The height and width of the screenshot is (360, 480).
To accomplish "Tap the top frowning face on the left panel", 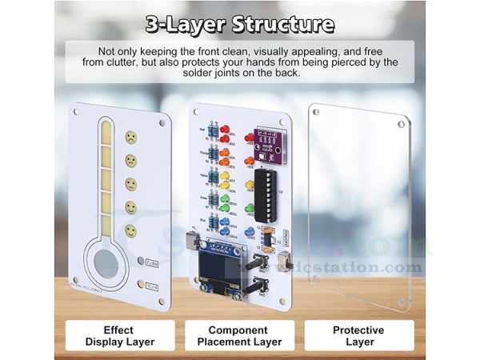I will pyautogui.click(x=129, y=138).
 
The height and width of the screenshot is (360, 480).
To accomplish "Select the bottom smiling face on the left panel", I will pyautogui.click(x=130, y=230).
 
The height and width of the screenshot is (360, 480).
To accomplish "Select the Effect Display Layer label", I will pyautogui.click(x=119, y=335).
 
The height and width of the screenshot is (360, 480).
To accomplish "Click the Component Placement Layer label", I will pyautogui.click(x=238, y=335).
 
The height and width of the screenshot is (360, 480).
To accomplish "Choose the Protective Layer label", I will pyautogui.click(x=358, y=335).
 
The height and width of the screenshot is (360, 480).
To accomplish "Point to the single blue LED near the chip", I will pyautogui.click(x=249, y=233).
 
